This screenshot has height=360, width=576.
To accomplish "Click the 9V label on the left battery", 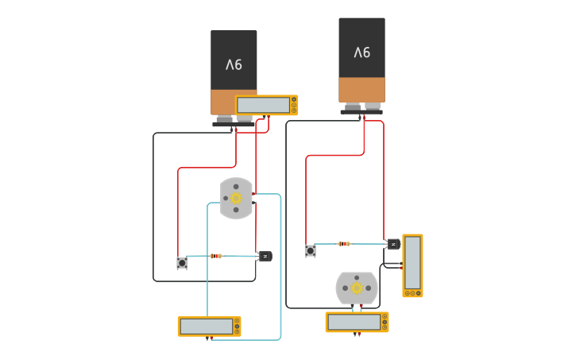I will coord(234,64).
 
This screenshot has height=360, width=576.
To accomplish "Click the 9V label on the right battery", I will coord(361,52).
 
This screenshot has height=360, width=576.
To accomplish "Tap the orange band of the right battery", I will coord(361,89).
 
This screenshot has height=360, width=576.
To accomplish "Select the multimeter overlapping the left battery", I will coord(267,105).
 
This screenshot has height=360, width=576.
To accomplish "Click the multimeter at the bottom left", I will coord(209,326).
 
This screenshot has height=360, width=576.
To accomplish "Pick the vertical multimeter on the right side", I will coord(412,265).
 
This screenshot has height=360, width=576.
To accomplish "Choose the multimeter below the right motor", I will coord(357,322).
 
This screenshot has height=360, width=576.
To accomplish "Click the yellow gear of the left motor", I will coord(236,198).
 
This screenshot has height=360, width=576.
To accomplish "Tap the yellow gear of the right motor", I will coord(357,288).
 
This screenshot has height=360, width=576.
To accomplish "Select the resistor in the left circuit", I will coord(215,256).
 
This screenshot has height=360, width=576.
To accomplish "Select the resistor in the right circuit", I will coord(344,244).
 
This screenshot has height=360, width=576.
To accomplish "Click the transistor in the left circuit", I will coord(265,256).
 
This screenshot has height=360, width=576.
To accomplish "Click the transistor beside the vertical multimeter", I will coord(393,244).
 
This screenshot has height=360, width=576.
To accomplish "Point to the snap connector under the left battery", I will coord(234,122).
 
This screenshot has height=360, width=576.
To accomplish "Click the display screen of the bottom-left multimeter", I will coord(206,326).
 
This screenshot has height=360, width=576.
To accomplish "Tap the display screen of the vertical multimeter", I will coord(412,263).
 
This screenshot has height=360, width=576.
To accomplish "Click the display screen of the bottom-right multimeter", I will coord(354,322).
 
